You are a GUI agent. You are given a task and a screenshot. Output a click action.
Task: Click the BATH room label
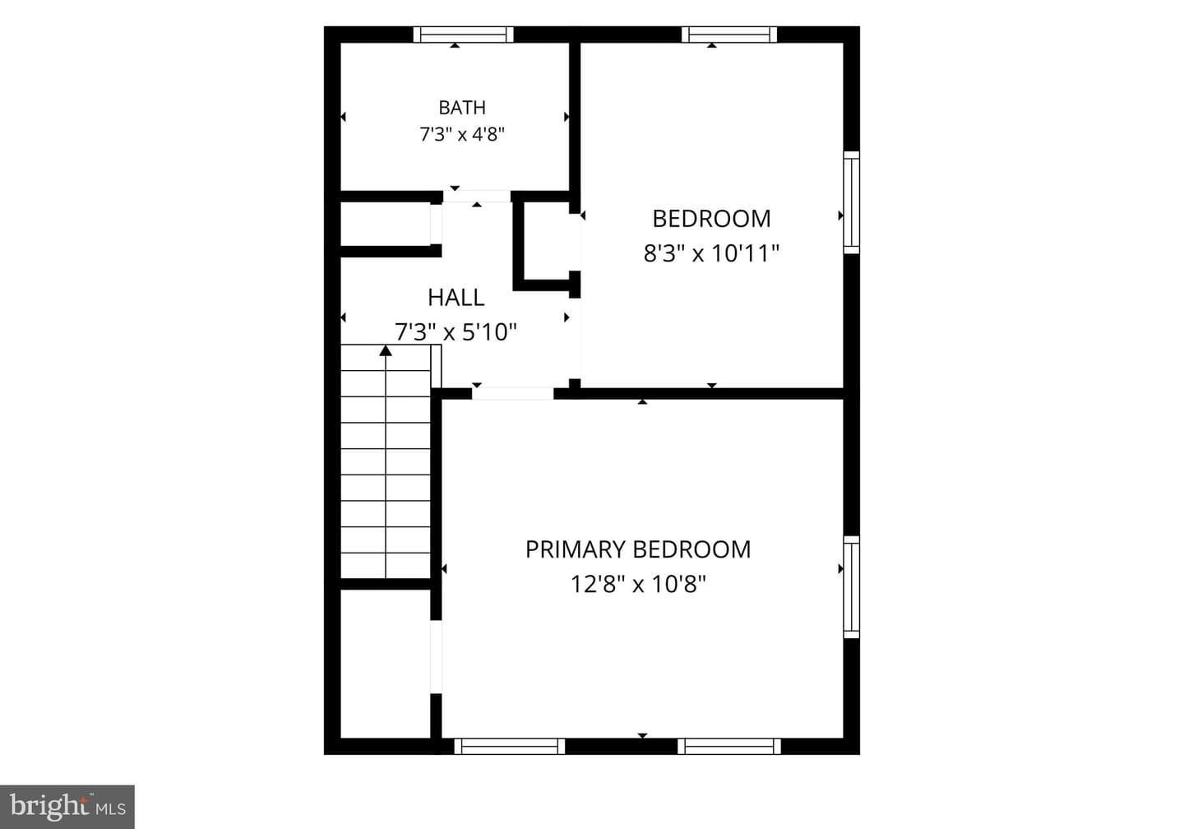coord(462,108)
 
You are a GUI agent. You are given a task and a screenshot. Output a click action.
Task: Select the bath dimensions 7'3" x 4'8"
coord(462,134)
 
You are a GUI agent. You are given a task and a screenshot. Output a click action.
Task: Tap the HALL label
coord(456,298)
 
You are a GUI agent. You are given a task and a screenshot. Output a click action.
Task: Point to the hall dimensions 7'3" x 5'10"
coord(456,332)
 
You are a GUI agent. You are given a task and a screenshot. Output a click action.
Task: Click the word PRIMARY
coord(573,550)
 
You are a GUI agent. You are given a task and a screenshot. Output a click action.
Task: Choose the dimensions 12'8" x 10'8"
coord(638,584)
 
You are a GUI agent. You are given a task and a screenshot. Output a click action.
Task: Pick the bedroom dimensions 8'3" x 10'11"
coord(711,253)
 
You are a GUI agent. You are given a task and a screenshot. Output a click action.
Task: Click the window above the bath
coord(463,35)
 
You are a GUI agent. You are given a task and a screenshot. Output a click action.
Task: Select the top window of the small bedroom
coord(728,35)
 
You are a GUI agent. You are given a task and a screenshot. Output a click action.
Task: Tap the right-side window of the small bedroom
coord(851,202)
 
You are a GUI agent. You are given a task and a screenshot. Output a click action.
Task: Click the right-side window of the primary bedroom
coord(851,587)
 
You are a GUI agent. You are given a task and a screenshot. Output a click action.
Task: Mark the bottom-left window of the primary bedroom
coord(510,746)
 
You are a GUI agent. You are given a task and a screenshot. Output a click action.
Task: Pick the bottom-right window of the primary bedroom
coord(728,746)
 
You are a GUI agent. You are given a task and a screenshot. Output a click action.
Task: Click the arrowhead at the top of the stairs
coord(386,350)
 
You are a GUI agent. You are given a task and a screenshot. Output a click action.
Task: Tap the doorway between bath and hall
coord(477,196)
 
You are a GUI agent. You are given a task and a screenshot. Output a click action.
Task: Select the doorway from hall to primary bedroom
coord(513,393)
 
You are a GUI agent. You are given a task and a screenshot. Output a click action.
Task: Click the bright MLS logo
coord(67,807)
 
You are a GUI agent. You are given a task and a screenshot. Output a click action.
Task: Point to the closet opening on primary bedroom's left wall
coord(436,656)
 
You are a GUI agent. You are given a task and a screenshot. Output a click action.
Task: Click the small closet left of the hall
coord(386,224)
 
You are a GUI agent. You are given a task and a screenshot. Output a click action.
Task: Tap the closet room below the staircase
coord(386,664)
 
